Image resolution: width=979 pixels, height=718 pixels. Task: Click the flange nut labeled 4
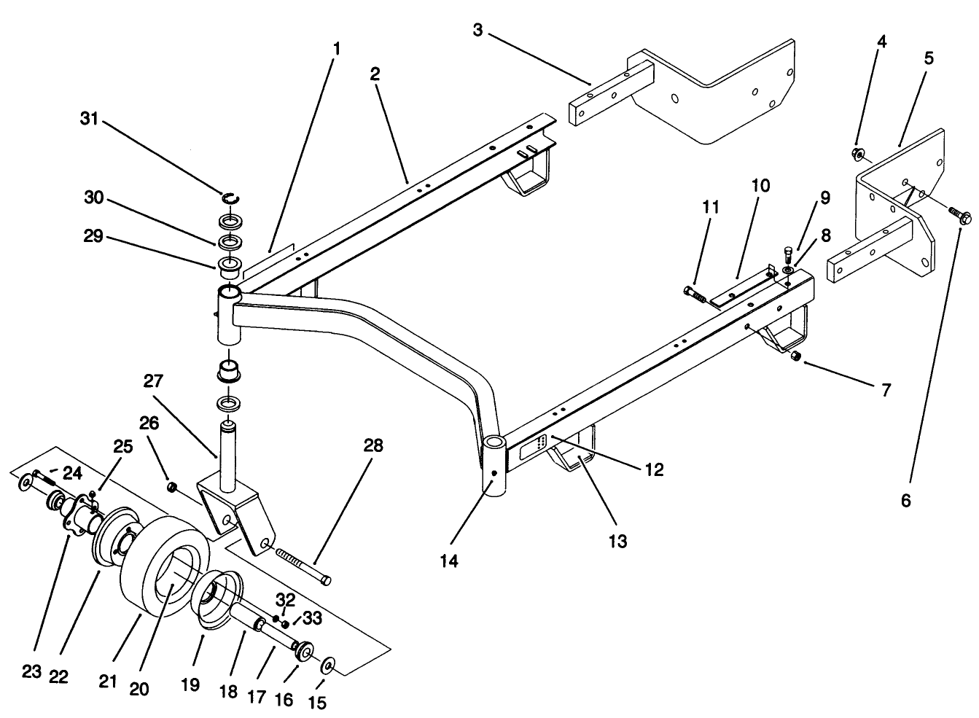click(x=858, y=154)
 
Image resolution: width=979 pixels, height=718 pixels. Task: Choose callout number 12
click(x=653, y=470)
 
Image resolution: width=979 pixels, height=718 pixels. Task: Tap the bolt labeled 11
click(x=695, y=294)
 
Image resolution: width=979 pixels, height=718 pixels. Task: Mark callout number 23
click(x=31, y=671)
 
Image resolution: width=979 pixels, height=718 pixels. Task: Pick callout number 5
click(x=928, y=58)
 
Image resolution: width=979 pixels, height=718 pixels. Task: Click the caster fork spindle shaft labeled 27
click(x=227, y=451)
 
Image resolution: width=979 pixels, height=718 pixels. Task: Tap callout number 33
click(x=312, y=619)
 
